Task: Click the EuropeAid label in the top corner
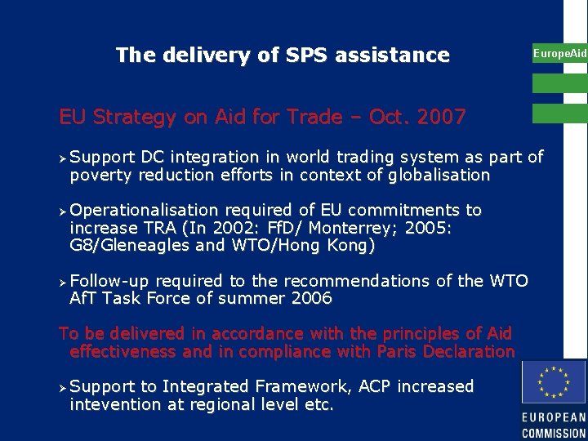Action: (559, 54)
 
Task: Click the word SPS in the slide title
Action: (307, 56)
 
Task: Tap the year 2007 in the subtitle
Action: (439, 118)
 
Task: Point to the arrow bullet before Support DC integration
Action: (63, 157)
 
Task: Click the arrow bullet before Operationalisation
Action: (63, 211)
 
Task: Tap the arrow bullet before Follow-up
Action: (63, 281)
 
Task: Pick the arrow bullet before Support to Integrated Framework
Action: (63, 386)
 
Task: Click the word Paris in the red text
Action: (401, 352)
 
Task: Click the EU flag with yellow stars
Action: (554, 382)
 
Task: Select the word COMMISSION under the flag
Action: (554, 433)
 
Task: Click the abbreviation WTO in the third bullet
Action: (509, 281)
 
